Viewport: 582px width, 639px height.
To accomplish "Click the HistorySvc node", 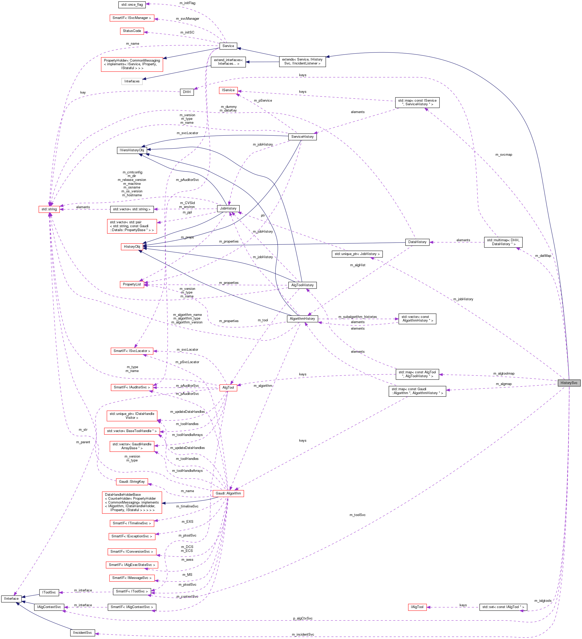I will coord(569,383).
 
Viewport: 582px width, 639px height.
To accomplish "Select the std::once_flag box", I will coord(132,5).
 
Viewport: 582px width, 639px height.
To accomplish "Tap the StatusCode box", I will coord(132,31).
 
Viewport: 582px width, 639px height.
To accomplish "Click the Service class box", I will coord(228,46).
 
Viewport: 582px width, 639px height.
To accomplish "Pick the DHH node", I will coord(187,92).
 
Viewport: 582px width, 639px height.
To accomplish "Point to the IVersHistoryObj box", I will coord(132,150).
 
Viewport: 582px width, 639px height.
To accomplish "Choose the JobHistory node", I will coord(228,208).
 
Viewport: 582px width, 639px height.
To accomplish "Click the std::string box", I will coord(49,209).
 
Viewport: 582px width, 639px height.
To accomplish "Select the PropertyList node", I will coord(132,284).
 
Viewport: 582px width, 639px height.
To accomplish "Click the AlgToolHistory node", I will coord(302,285).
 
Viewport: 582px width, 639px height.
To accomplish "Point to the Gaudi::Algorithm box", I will coord(228,493).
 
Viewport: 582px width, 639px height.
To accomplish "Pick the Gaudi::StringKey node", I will coord(132,481).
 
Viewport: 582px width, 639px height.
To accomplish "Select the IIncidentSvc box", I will coord(82,633).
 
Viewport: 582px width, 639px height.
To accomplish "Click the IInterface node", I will coord(11,599).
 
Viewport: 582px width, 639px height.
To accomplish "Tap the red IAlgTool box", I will coord(417,607).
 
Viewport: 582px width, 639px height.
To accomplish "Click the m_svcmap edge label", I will coord(503,155).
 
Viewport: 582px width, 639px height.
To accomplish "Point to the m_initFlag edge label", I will coord(187,3).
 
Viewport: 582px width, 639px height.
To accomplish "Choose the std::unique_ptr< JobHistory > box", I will coord(357,254).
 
